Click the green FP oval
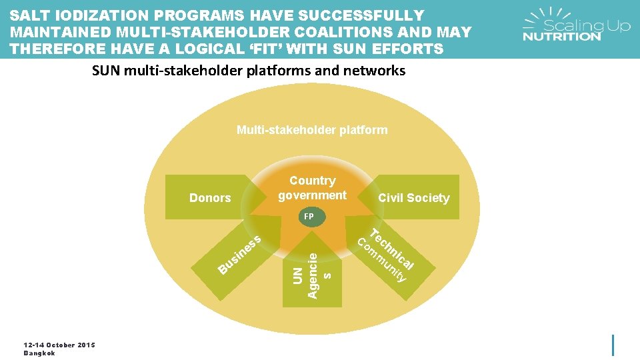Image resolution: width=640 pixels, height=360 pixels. point(309,217)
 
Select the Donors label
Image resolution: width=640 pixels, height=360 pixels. point(210,198)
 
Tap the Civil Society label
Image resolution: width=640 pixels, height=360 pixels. point(413,198)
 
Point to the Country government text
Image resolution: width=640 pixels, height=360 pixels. point(312,188)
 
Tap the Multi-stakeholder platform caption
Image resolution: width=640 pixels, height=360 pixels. point(312,130)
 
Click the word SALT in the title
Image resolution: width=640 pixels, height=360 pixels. point(29,15)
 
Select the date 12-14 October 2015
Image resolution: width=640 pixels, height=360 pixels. point(59,345)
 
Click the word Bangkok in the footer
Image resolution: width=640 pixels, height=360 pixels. point(39,353)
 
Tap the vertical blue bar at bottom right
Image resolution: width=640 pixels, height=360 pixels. point(613,345)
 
